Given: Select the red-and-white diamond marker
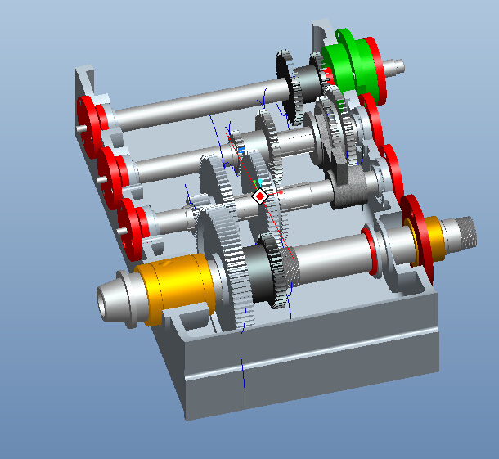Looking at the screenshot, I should coord(260,196).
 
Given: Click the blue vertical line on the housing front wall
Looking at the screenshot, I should coord(243,380).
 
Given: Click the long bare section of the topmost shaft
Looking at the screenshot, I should coord(196,102).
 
